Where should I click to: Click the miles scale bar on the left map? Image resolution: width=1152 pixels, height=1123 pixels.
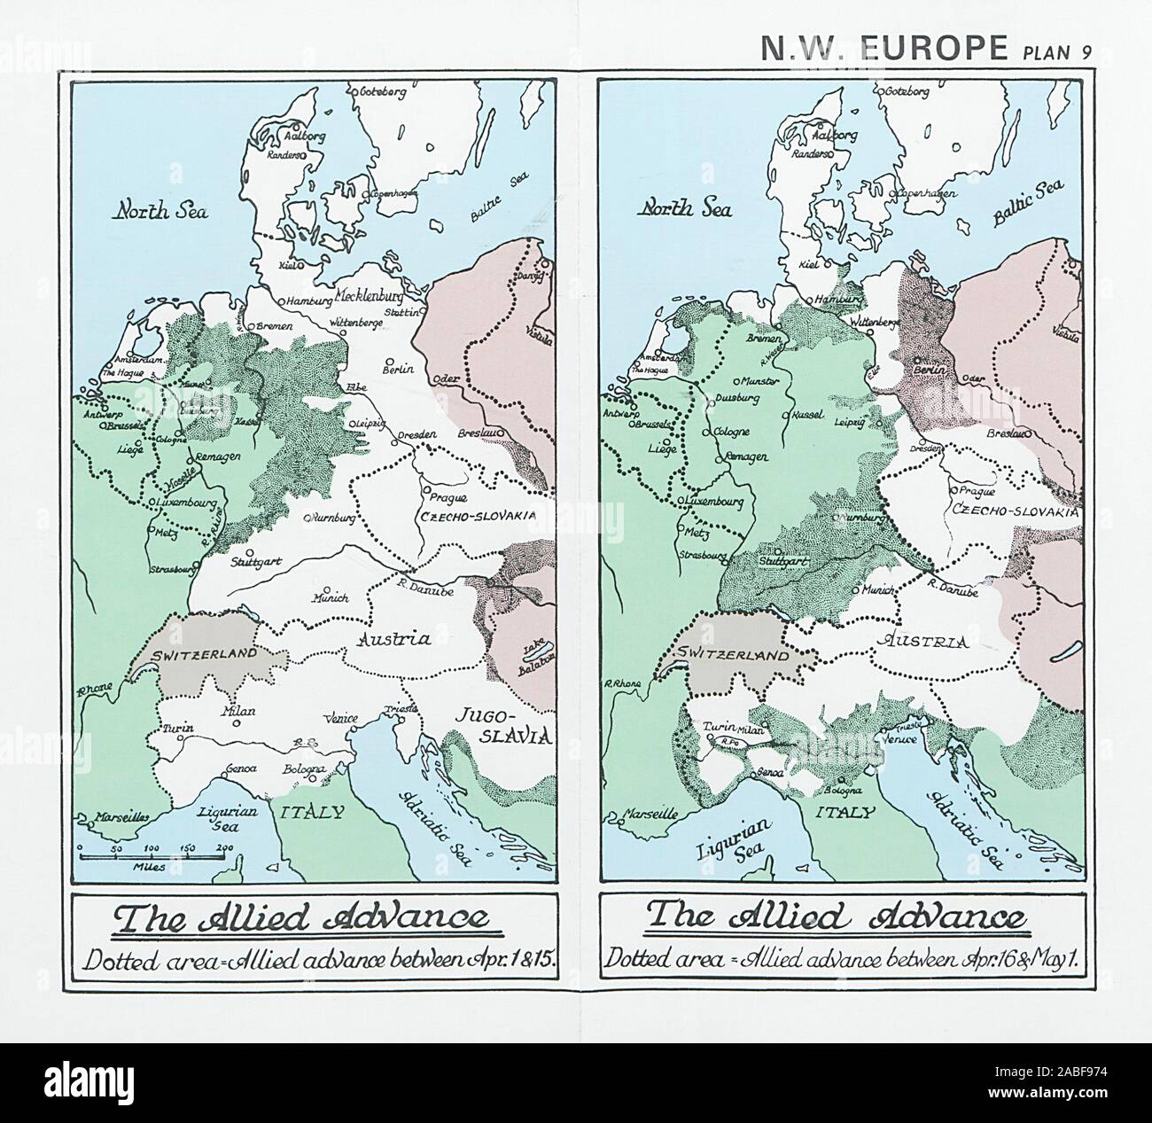[156, 854]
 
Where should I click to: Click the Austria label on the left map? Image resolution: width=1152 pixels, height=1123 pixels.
[394, 637]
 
